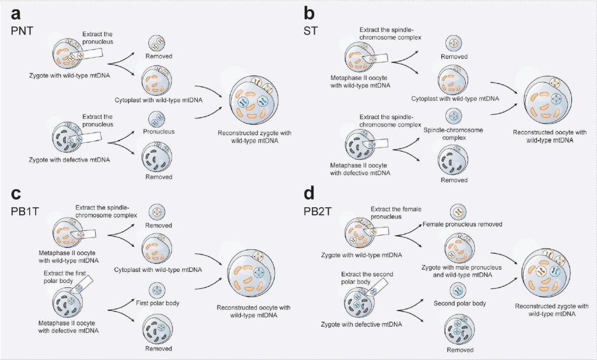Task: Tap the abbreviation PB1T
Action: (23, 211)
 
